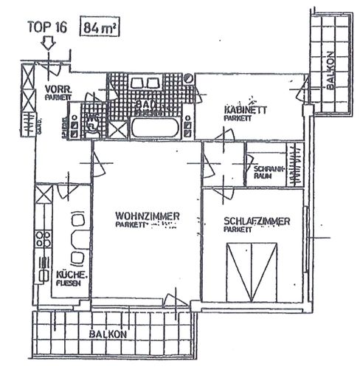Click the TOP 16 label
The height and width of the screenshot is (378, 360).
(47, 29)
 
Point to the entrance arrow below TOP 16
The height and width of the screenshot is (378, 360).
(48, 45)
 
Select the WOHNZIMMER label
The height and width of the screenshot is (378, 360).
(148, 216)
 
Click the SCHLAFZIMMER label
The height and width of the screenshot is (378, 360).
(257, 221)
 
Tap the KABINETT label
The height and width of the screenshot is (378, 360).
(245, 109)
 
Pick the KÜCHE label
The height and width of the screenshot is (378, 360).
(73, 275)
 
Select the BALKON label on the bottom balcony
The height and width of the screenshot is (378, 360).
(108, 334)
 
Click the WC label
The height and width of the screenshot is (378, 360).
(92, 119)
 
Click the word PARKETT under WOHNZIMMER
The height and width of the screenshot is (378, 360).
(131, 224)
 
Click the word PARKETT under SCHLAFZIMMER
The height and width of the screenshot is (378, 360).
(238, 230)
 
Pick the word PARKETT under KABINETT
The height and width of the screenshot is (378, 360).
(237, 117)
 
